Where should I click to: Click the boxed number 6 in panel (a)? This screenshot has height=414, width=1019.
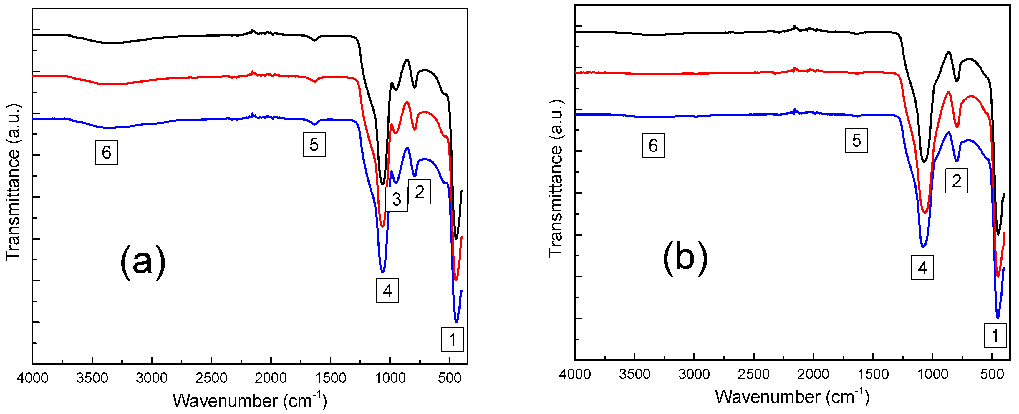[106, 152]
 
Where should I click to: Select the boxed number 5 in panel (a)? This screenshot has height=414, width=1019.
[314, 144]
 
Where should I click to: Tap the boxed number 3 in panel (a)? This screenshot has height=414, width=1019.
[396, 199]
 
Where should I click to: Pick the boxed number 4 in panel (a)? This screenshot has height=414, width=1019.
[387, 291]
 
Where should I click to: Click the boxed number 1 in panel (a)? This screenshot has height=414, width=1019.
[452, 339]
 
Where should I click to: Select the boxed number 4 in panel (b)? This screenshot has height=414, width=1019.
[922, 268]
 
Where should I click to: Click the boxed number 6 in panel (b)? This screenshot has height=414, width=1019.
[653, 146]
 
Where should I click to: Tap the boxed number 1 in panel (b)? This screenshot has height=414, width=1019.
[995, 336]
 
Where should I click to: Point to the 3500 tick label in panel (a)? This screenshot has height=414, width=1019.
[92, 378]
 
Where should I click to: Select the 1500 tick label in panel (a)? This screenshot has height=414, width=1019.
[330, 378]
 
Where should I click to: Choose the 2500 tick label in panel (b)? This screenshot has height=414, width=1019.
[753, 374]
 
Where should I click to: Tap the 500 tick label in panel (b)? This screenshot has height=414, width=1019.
[992, 374]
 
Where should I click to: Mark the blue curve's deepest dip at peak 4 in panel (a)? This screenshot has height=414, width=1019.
[382, 272]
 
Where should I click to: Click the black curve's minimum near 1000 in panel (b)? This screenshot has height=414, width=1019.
[924, 161]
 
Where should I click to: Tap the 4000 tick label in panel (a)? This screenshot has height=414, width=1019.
[32, 378]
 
